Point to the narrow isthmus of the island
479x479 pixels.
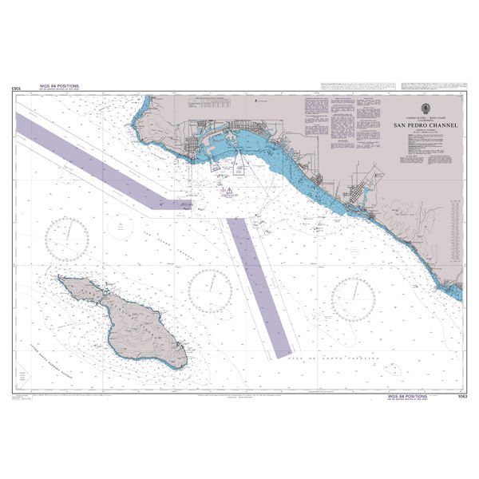click(x=101, y=292)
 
